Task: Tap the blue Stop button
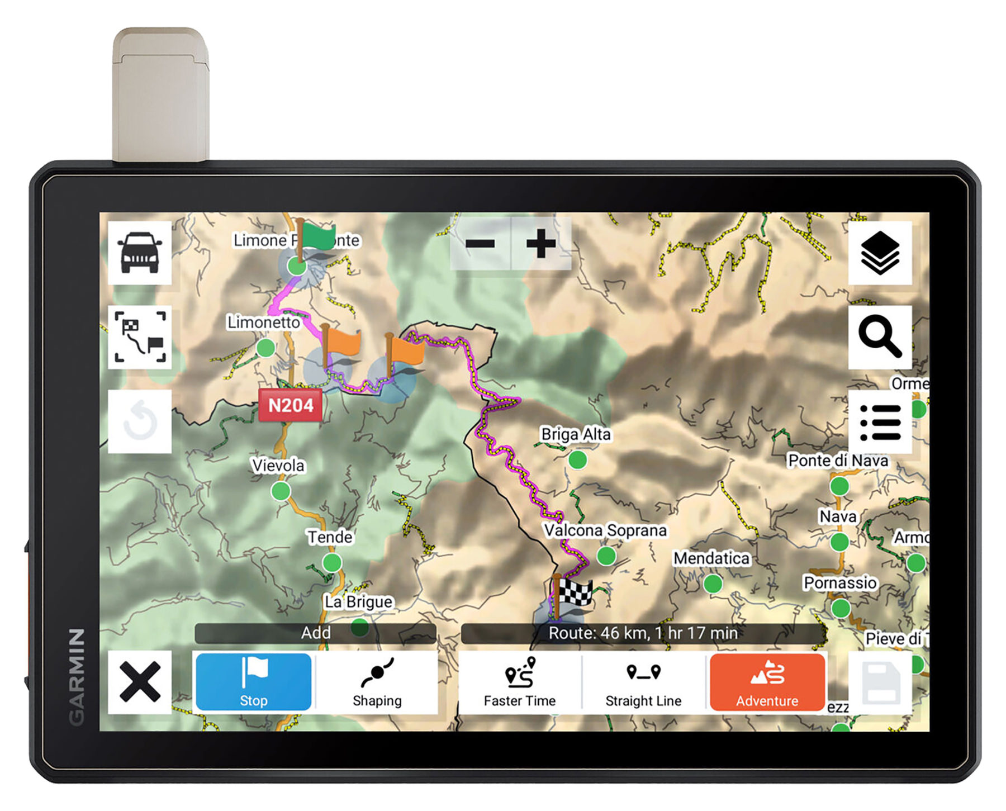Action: pos(253,681)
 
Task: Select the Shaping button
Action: pos(377,681)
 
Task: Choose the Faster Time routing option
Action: pos(519,681)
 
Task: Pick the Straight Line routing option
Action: pos(643,681)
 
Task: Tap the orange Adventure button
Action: pos(767,681)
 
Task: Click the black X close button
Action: pos(140,681)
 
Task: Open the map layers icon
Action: pos(880,253)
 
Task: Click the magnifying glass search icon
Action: pos(880,336)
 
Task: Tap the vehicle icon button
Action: pos(140,253)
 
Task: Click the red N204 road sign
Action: pos(290,405)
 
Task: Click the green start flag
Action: pos(317,238)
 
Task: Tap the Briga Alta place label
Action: pos(576,434)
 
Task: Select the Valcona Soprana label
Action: pos(605,530)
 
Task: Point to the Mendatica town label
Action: pos(711,558)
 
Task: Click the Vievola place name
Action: pos(278,465)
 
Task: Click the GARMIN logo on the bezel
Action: pos(77,676)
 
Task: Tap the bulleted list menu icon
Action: pos(880,422)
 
